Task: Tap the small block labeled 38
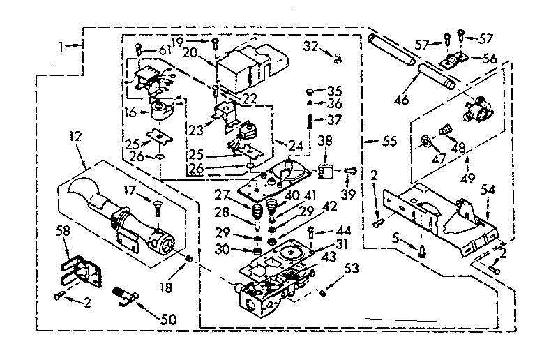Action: coord(324,170)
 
